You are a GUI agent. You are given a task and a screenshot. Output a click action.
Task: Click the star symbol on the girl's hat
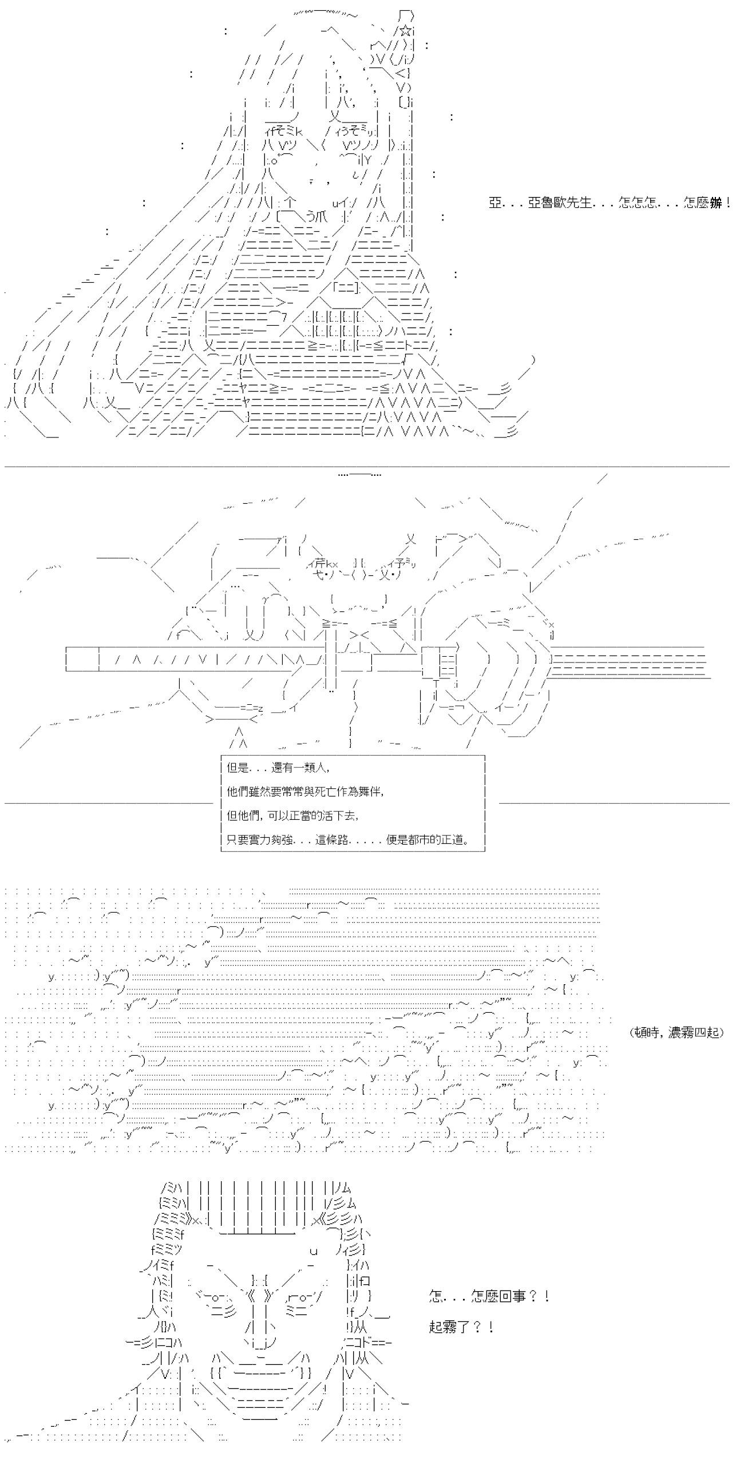406,32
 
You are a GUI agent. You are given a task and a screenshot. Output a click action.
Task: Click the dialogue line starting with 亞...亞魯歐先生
610,203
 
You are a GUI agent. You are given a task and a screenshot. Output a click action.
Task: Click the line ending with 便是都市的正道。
349,840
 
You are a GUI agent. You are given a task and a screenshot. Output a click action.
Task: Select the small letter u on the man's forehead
314,1250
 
